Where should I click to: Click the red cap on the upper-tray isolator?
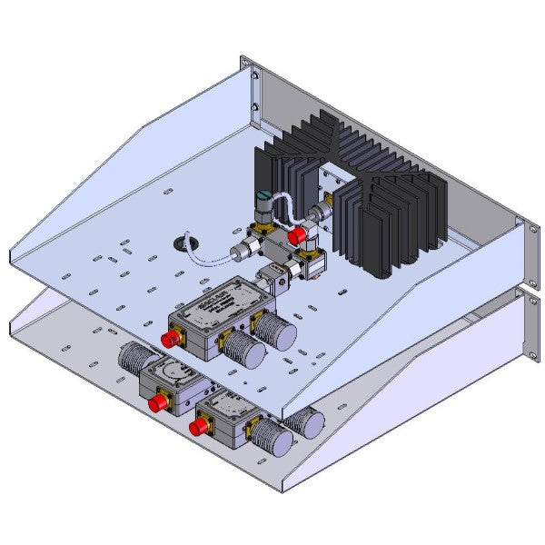(169, 340)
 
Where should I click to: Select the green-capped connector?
(261, 199)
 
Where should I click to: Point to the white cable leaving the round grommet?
(213, 259)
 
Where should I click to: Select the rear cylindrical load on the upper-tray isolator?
(276, 329)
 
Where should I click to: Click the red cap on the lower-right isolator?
(195, 423)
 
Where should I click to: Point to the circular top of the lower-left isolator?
(172, 372)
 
